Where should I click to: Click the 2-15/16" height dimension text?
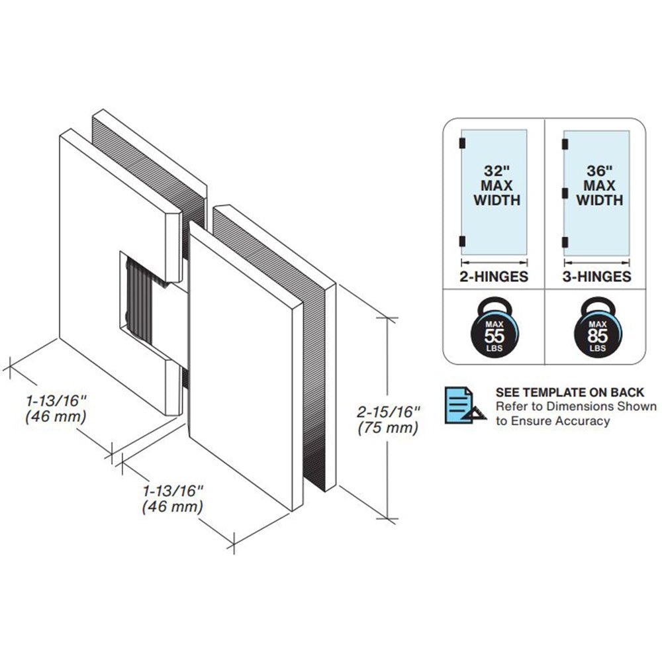(x=389, y=412)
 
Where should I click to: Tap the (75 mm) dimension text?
(x=388, y=428)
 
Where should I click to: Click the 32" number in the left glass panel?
(x=497, y=171)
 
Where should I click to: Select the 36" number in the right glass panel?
(x=600, y=171)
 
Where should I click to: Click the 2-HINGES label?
(x=494, y=277)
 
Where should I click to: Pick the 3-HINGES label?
(x=596, y=277)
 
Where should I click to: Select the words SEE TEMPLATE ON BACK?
(x=570, y=392)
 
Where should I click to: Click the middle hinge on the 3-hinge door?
(x=565, y=193)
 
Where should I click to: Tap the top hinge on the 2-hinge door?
(x=462, y=144)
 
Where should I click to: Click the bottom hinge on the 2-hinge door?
(x=462, y=242)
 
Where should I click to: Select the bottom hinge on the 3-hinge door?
(x=565, y=242)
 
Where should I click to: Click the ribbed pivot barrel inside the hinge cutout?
(x=139, y=300)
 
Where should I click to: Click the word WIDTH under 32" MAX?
(x=497, y=200)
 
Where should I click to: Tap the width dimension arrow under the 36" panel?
(x=596, y=263)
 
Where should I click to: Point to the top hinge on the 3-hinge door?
(x=565, y=144)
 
